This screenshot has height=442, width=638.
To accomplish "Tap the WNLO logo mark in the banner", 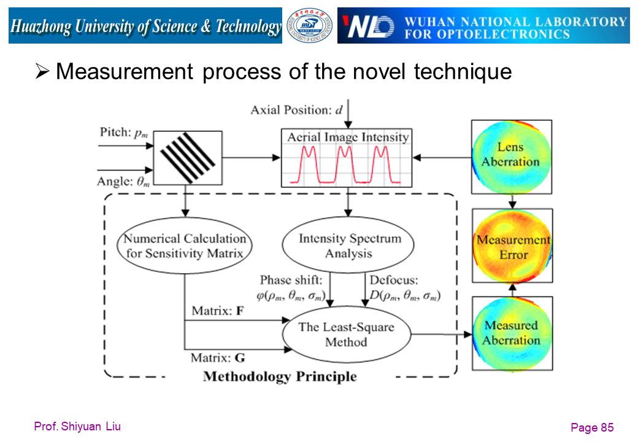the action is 368,26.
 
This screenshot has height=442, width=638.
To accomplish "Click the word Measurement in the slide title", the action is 125,72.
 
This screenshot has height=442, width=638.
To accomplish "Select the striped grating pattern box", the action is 188,158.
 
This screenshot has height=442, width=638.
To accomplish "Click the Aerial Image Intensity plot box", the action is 347,158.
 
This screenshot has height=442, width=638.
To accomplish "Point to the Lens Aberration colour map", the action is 512,157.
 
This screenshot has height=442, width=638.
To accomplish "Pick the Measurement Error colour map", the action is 512,246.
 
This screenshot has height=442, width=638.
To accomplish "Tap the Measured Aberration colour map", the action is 512,333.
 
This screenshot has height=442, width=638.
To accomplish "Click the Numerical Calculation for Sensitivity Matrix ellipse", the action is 184,246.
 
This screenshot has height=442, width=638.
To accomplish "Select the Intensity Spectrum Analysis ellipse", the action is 348,244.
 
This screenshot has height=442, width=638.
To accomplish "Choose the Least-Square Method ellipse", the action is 346,334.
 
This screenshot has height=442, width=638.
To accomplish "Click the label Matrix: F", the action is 218,311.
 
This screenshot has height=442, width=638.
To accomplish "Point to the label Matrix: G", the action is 218,358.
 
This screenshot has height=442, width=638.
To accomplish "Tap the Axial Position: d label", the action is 297,110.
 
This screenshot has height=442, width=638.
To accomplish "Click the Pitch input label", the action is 124,133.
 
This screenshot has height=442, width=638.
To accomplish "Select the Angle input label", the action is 123,181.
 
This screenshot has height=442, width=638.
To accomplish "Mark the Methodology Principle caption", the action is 280,376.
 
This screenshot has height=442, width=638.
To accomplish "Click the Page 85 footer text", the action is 592,427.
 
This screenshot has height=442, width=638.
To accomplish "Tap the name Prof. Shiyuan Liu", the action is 77,427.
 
